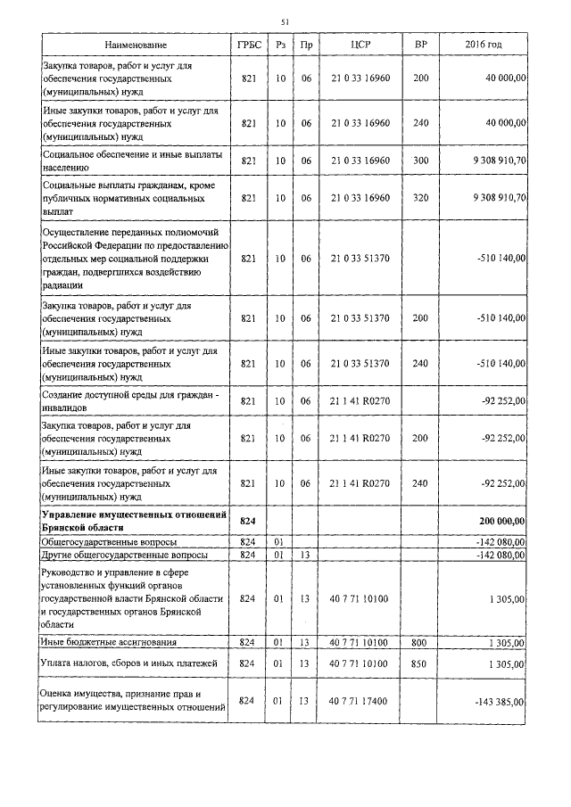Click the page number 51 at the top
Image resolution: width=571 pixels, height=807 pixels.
285,21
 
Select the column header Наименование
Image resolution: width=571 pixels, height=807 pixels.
136,45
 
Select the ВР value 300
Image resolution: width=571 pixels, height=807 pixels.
420,161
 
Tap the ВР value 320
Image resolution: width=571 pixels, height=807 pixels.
420,197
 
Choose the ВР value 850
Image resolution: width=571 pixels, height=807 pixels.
420,663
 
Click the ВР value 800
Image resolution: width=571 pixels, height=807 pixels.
420,642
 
